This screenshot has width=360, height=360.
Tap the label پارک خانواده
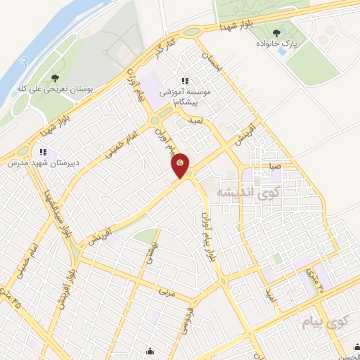[276, 44]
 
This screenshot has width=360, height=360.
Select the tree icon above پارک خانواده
[276, 31]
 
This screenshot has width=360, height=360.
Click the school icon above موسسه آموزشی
[186, 82]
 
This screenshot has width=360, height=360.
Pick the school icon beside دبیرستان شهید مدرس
[42, 151]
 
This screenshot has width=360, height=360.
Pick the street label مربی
[166, 289]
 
